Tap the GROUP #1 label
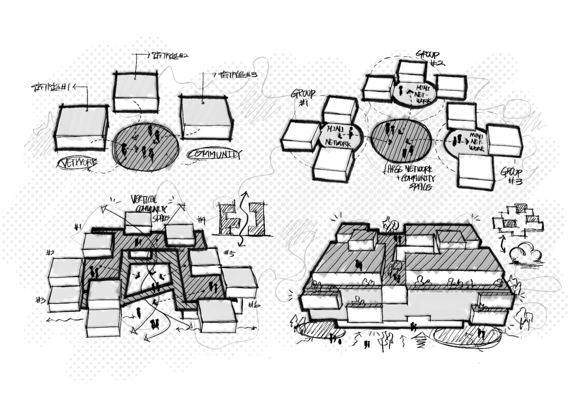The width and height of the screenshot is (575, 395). point(304,98)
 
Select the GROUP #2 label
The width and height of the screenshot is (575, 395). point(429,57)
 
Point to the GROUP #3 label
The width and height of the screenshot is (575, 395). point(513,176)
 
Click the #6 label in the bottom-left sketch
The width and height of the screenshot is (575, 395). point(253,305)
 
